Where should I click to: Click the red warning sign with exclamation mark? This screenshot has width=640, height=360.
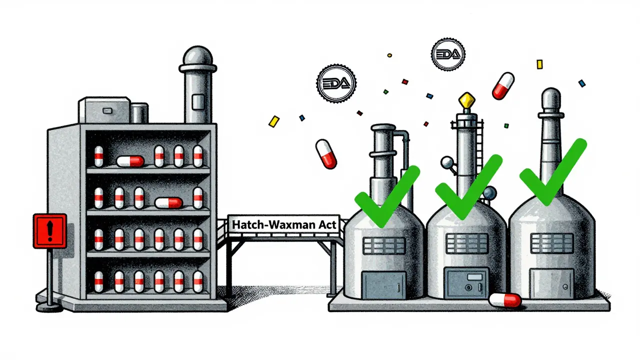coord(49,230)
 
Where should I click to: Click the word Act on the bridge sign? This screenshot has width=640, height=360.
coord(327,224)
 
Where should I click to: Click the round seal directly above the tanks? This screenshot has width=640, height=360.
coord(447,52)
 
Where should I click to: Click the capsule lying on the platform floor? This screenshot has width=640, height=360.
coord(505,300)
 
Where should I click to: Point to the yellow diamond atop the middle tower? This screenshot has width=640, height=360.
coord(466,101)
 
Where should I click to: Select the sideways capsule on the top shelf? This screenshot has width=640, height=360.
coord(130,160)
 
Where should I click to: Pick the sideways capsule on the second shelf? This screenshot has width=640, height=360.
coord(168,202)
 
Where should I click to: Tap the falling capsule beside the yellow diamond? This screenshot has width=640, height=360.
coord(503,86)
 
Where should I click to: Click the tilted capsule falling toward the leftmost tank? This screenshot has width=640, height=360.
coord(326,153)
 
